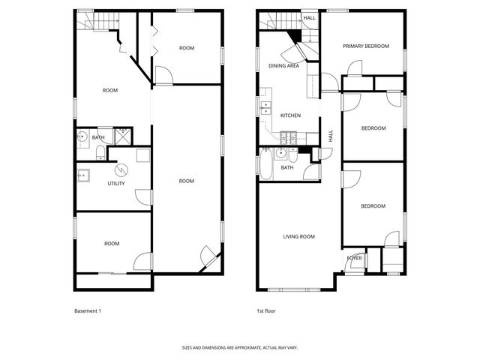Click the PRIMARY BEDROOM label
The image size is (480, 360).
366,46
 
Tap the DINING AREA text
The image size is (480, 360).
283,66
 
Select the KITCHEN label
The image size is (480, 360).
290,115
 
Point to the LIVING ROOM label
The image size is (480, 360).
298,237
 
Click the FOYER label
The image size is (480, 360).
355,258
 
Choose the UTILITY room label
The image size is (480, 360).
116,184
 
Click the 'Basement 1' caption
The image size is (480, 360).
88,310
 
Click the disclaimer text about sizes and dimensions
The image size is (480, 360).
240,347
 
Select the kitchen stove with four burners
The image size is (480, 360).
289,137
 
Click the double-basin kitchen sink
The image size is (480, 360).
266,110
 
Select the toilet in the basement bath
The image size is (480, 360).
100,153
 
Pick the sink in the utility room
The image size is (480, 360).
83,178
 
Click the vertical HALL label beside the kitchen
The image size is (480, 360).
331,136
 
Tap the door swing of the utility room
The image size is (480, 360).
142,196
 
